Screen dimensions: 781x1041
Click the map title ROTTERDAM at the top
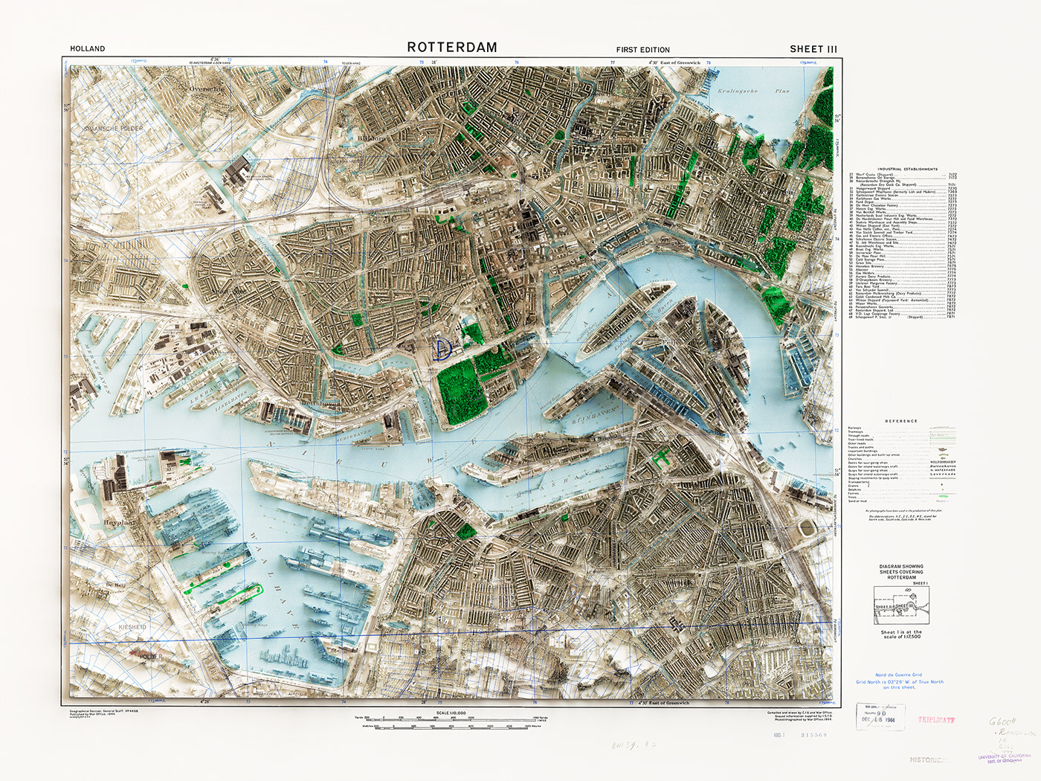(x=452, y=48)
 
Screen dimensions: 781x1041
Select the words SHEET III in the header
(x=813, y=49)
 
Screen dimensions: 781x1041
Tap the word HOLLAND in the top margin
(x=88, y=49)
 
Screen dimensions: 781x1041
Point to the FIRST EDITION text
(x=642, y=50)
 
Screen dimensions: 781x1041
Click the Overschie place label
(x=207, y=89)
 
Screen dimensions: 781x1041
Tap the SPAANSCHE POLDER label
(x=113, y=129)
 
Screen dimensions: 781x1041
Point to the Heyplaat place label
(x=120, y=523)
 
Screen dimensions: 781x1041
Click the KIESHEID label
(x=132, y=627)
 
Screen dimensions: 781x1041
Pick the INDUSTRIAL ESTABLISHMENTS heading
(x=907, y=170)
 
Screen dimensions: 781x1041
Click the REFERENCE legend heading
(x=901, y=421)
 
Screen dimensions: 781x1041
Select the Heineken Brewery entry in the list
(x=870, y=266)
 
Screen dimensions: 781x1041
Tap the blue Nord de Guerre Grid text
(x=898, y=675)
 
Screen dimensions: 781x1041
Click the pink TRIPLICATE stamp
(x=936, y=720)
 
